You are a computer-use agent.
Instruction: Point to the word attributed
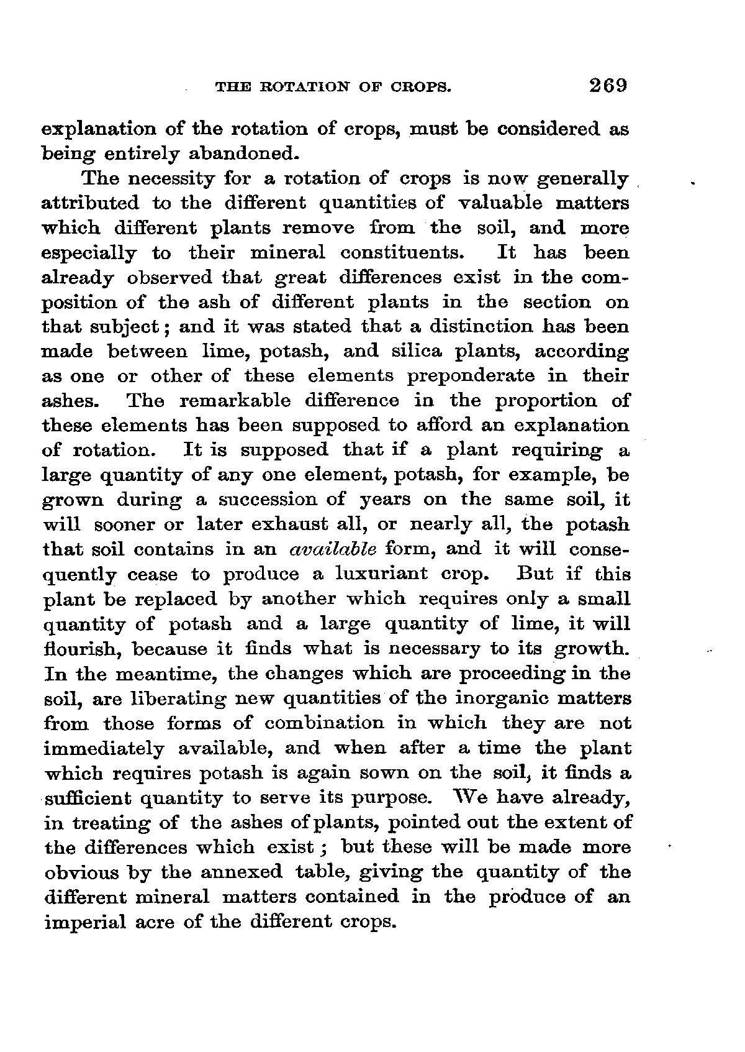click(91, 204)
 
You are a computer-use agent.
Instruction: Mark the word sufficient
click(88, 798)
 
